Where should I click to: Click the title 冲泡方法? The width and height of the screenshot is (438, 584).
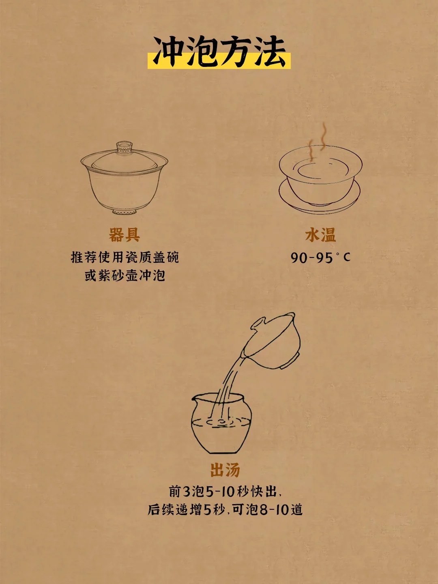(x=219, y=52)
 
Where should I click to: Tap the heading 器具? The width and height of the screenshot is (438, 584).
(x=125, y=235)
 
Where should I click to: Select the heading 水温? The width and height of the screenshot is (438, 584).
(x=320, y=235)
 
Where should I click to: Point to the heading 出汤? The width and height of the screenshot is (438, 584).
(x=225, y=470)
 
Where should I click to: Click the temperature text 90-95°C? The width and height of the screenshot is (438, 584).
(x=320, y=257)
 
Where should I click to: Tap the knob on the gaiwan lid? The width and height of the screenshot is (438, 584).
(x=124, y=147)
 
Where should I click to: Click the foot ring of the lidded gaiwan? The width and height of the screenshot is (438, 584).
(x=125, y=212)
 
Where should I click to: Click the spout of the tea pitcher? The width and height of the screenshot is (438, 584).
(x=194, y=398)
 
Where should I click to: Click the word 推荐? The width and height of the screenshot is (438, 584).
(x=84, y=258)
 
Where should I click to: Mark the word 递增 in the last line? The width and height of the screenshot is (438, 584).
(x=189, y=510)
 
